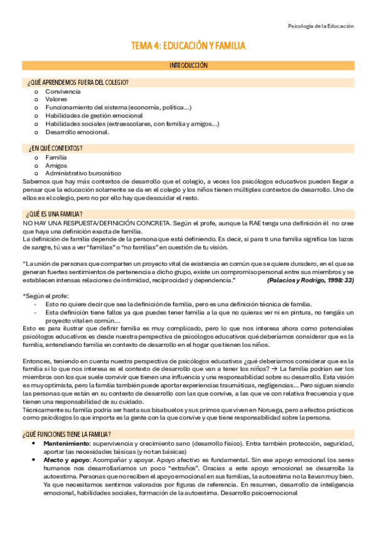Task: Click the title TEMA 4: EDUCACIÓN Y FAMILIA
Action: (188, 46)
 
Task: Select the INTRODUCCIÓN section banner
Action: (188, 65)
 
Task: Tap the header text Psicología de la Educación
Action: (320, 26)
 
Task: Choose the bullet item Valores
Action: (56, 99)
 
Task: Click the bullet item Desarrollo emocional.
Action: (77, 132)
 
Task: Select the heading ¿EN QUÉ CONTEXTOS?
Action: (55, 148)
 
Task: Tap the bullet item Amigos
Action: (56, 165)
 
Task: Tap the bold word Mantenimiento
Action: (68, 426)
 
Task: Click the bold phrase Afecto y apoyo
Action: (67, 442)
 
